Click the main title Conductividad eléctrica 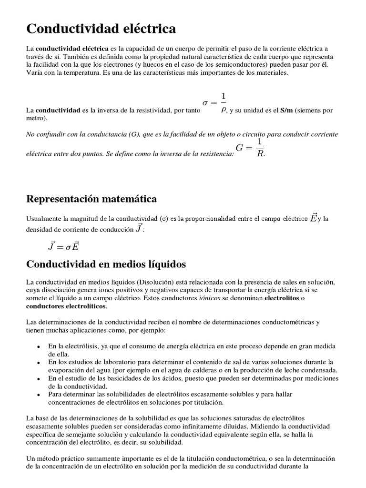101,29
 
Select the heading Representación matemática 91,198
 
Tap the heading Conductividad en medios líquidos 106,264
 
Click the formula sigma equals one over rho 213,102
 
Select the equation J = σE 63,246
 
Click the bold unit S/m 286,110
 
